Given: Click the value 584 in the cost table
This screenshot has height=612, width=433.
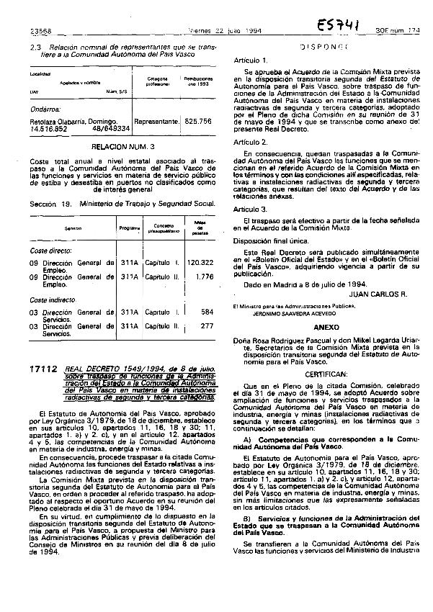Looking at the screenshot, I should click(x=207, y=312).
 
